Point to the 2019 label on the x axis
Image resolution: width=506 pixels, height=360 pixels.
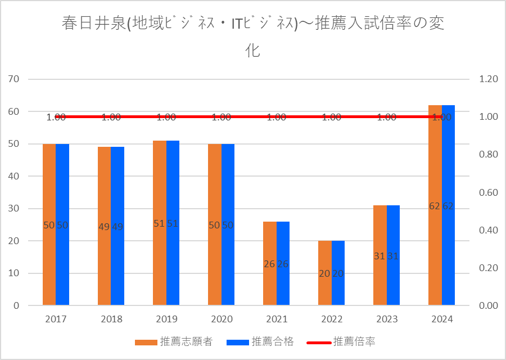166,319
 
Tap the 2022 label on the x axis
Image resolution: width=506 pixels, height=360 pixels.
331,319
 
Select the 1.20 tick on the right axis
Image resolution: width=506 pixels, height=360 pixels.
489,79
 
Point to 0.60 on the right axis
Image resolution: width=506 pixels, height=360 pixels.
489,192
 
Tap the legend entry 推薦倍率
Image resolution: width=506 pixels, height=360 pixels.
354,341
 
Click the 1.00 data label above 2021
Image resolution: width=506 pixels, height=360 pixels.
276,118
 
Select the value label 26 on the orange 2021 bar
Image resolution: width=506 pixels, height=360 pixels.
269,264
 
